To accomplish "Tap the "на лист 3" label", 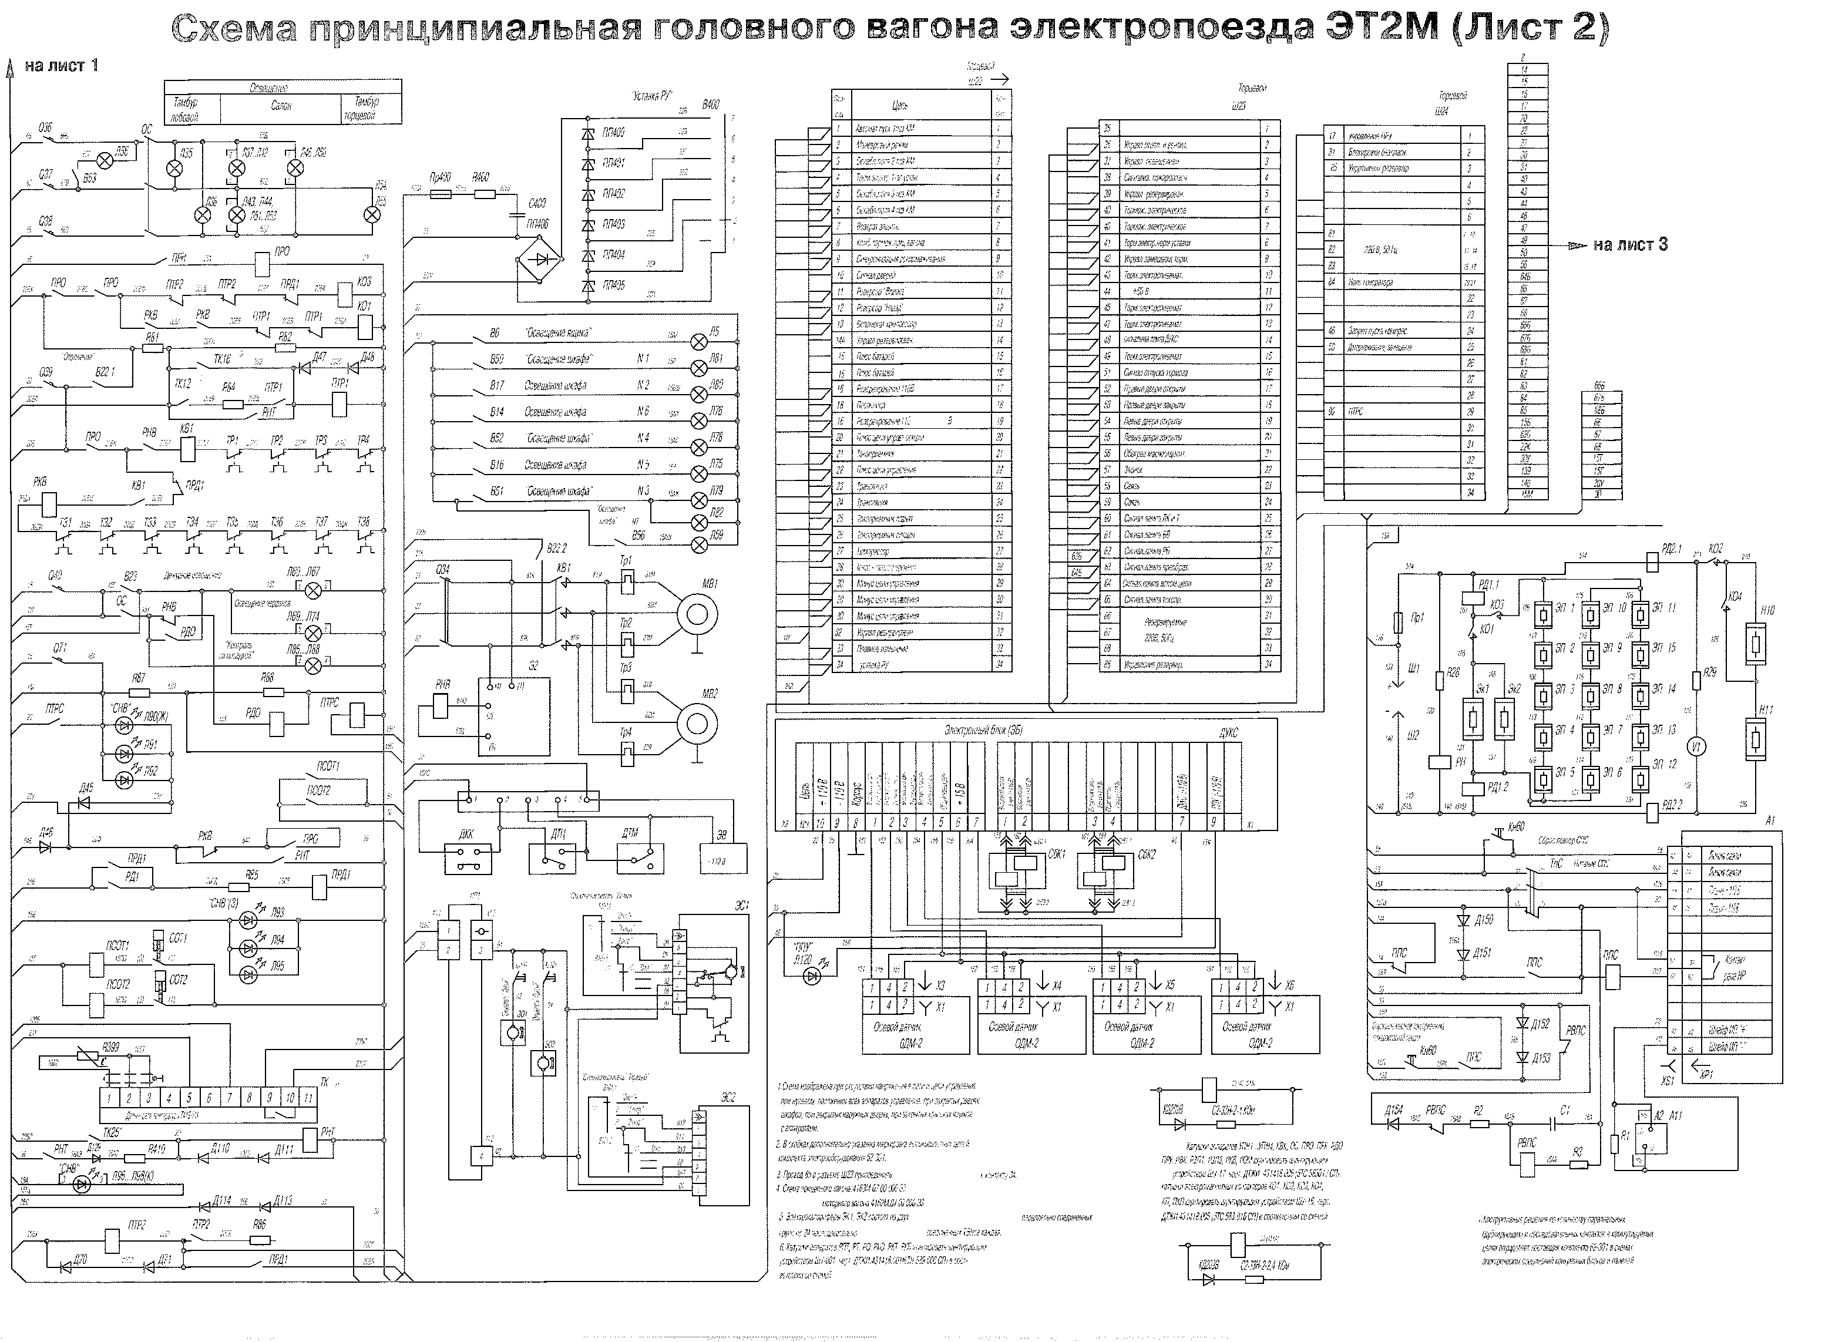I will point(1630,244).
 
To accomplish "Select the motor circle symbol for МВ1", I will point(697,615).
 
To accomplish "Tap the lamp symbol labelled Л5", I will point(698,341).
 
